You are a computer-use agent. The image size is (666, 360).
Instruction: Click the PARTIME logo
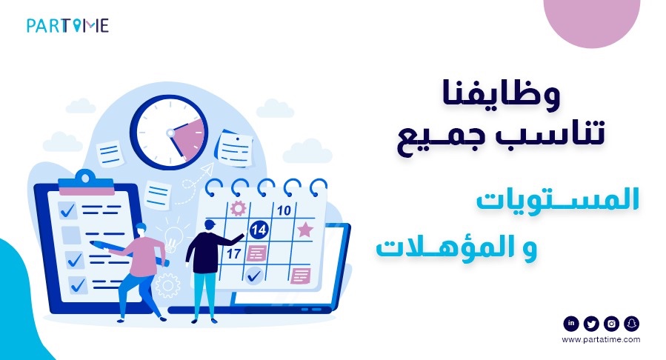tap(67, 26)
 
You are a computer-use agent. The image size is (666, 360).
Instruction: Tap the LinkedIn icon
tap(571, 323)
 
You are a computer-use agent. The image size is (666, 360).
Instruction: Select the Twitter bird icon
tap(591, 323)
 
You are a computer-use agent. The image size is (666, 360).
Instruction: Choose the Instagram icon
tap(611, 323)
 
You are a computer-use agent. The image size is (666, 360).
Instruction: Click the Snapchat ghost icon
tap(631, 323)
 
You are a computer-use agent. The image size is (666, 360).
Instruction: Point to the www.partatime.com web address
tap(601, 339)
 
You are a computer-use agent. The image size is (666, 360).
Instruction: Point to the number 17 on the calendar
tap(233, 253)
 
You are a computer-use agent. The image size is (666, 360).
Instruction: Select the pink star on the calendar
tap(304, 230)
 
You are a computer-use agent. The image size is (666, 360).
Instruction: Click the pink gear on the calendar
tap(238, 208)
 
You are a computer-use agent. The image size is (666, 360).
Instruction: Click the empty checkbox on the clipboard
tap(70, 235)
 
